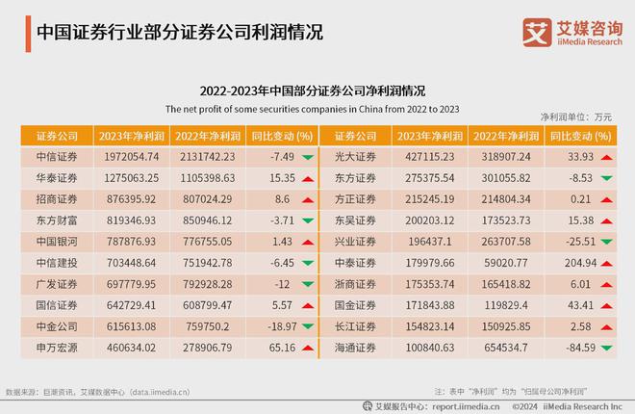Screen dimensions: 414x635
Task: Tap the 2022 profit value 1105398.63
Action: click(x=203, y=178)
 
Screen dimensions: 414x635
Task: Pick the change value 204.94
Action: click(x=574, y=262)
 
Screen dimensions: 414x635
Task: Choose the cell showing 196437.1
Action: click(x=431, y=241)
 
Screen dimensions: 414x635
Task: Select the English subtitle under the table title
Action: click(x=317, y=109)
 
